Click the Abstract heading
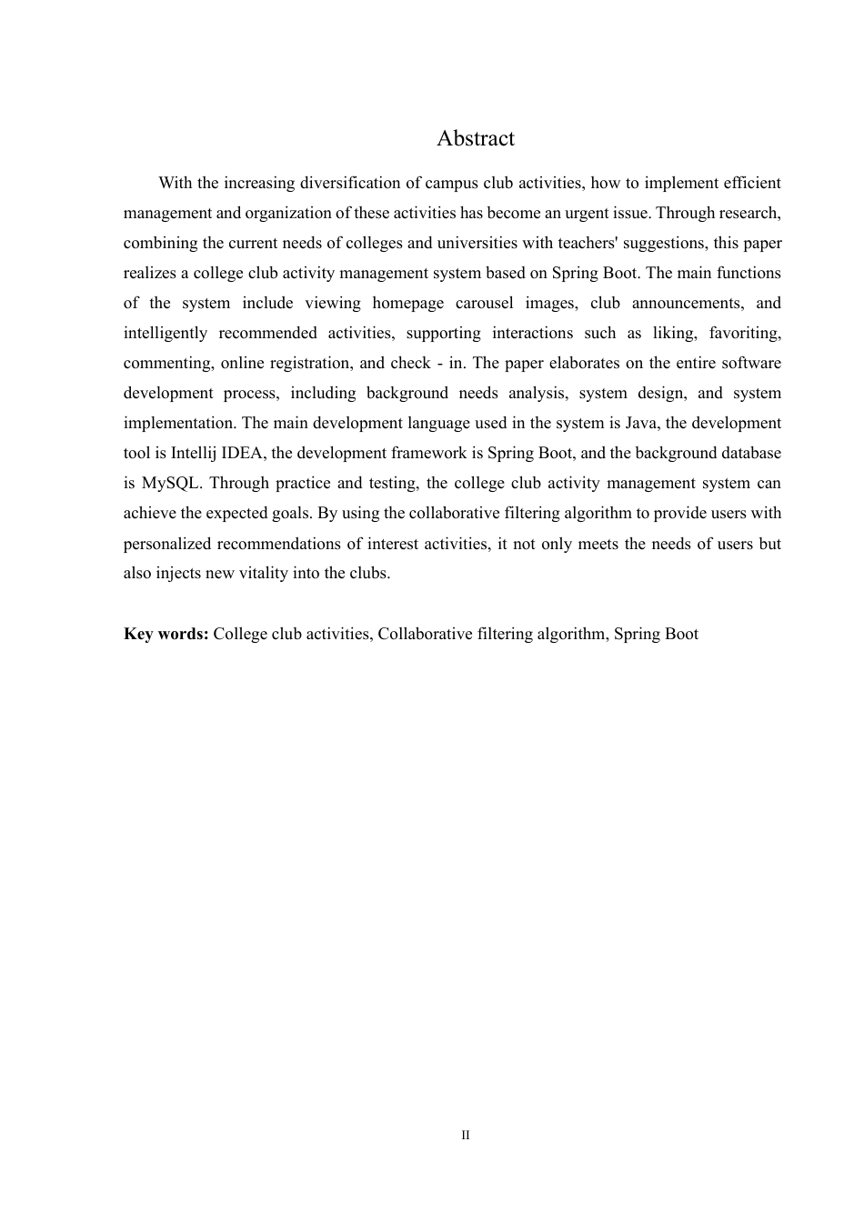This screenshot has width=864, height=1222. [475, 138]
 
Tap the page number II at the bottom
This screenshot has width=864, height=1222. [466, 1136]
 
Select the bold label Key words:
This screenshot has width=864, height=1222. [166, 634]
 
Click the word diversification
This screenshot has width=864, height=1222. [352, 183]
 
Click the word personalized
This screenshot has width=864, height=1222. [169, 544]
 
